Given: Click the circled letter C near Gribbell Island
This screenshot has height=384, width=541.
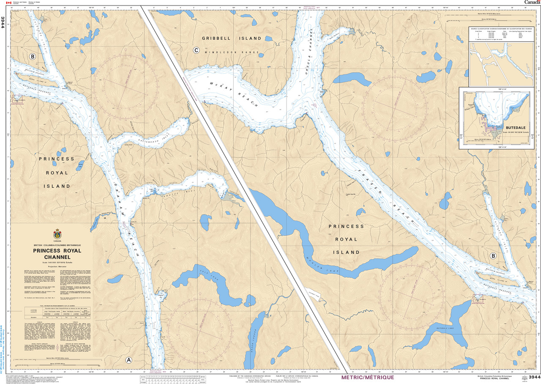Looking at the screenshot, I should point(196,50).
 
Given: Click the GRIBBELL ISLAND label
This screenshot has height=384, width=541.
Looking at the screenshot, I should point(232,38).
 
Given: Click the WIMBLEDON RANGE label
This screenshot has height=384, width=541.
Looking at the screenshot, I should point(232,52).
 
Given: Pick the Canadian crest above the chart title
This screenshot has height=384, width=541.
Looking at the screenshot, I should point(57,234).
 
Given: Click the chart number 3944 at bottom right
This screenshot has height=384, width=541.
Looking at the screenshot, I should point(532,377).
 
